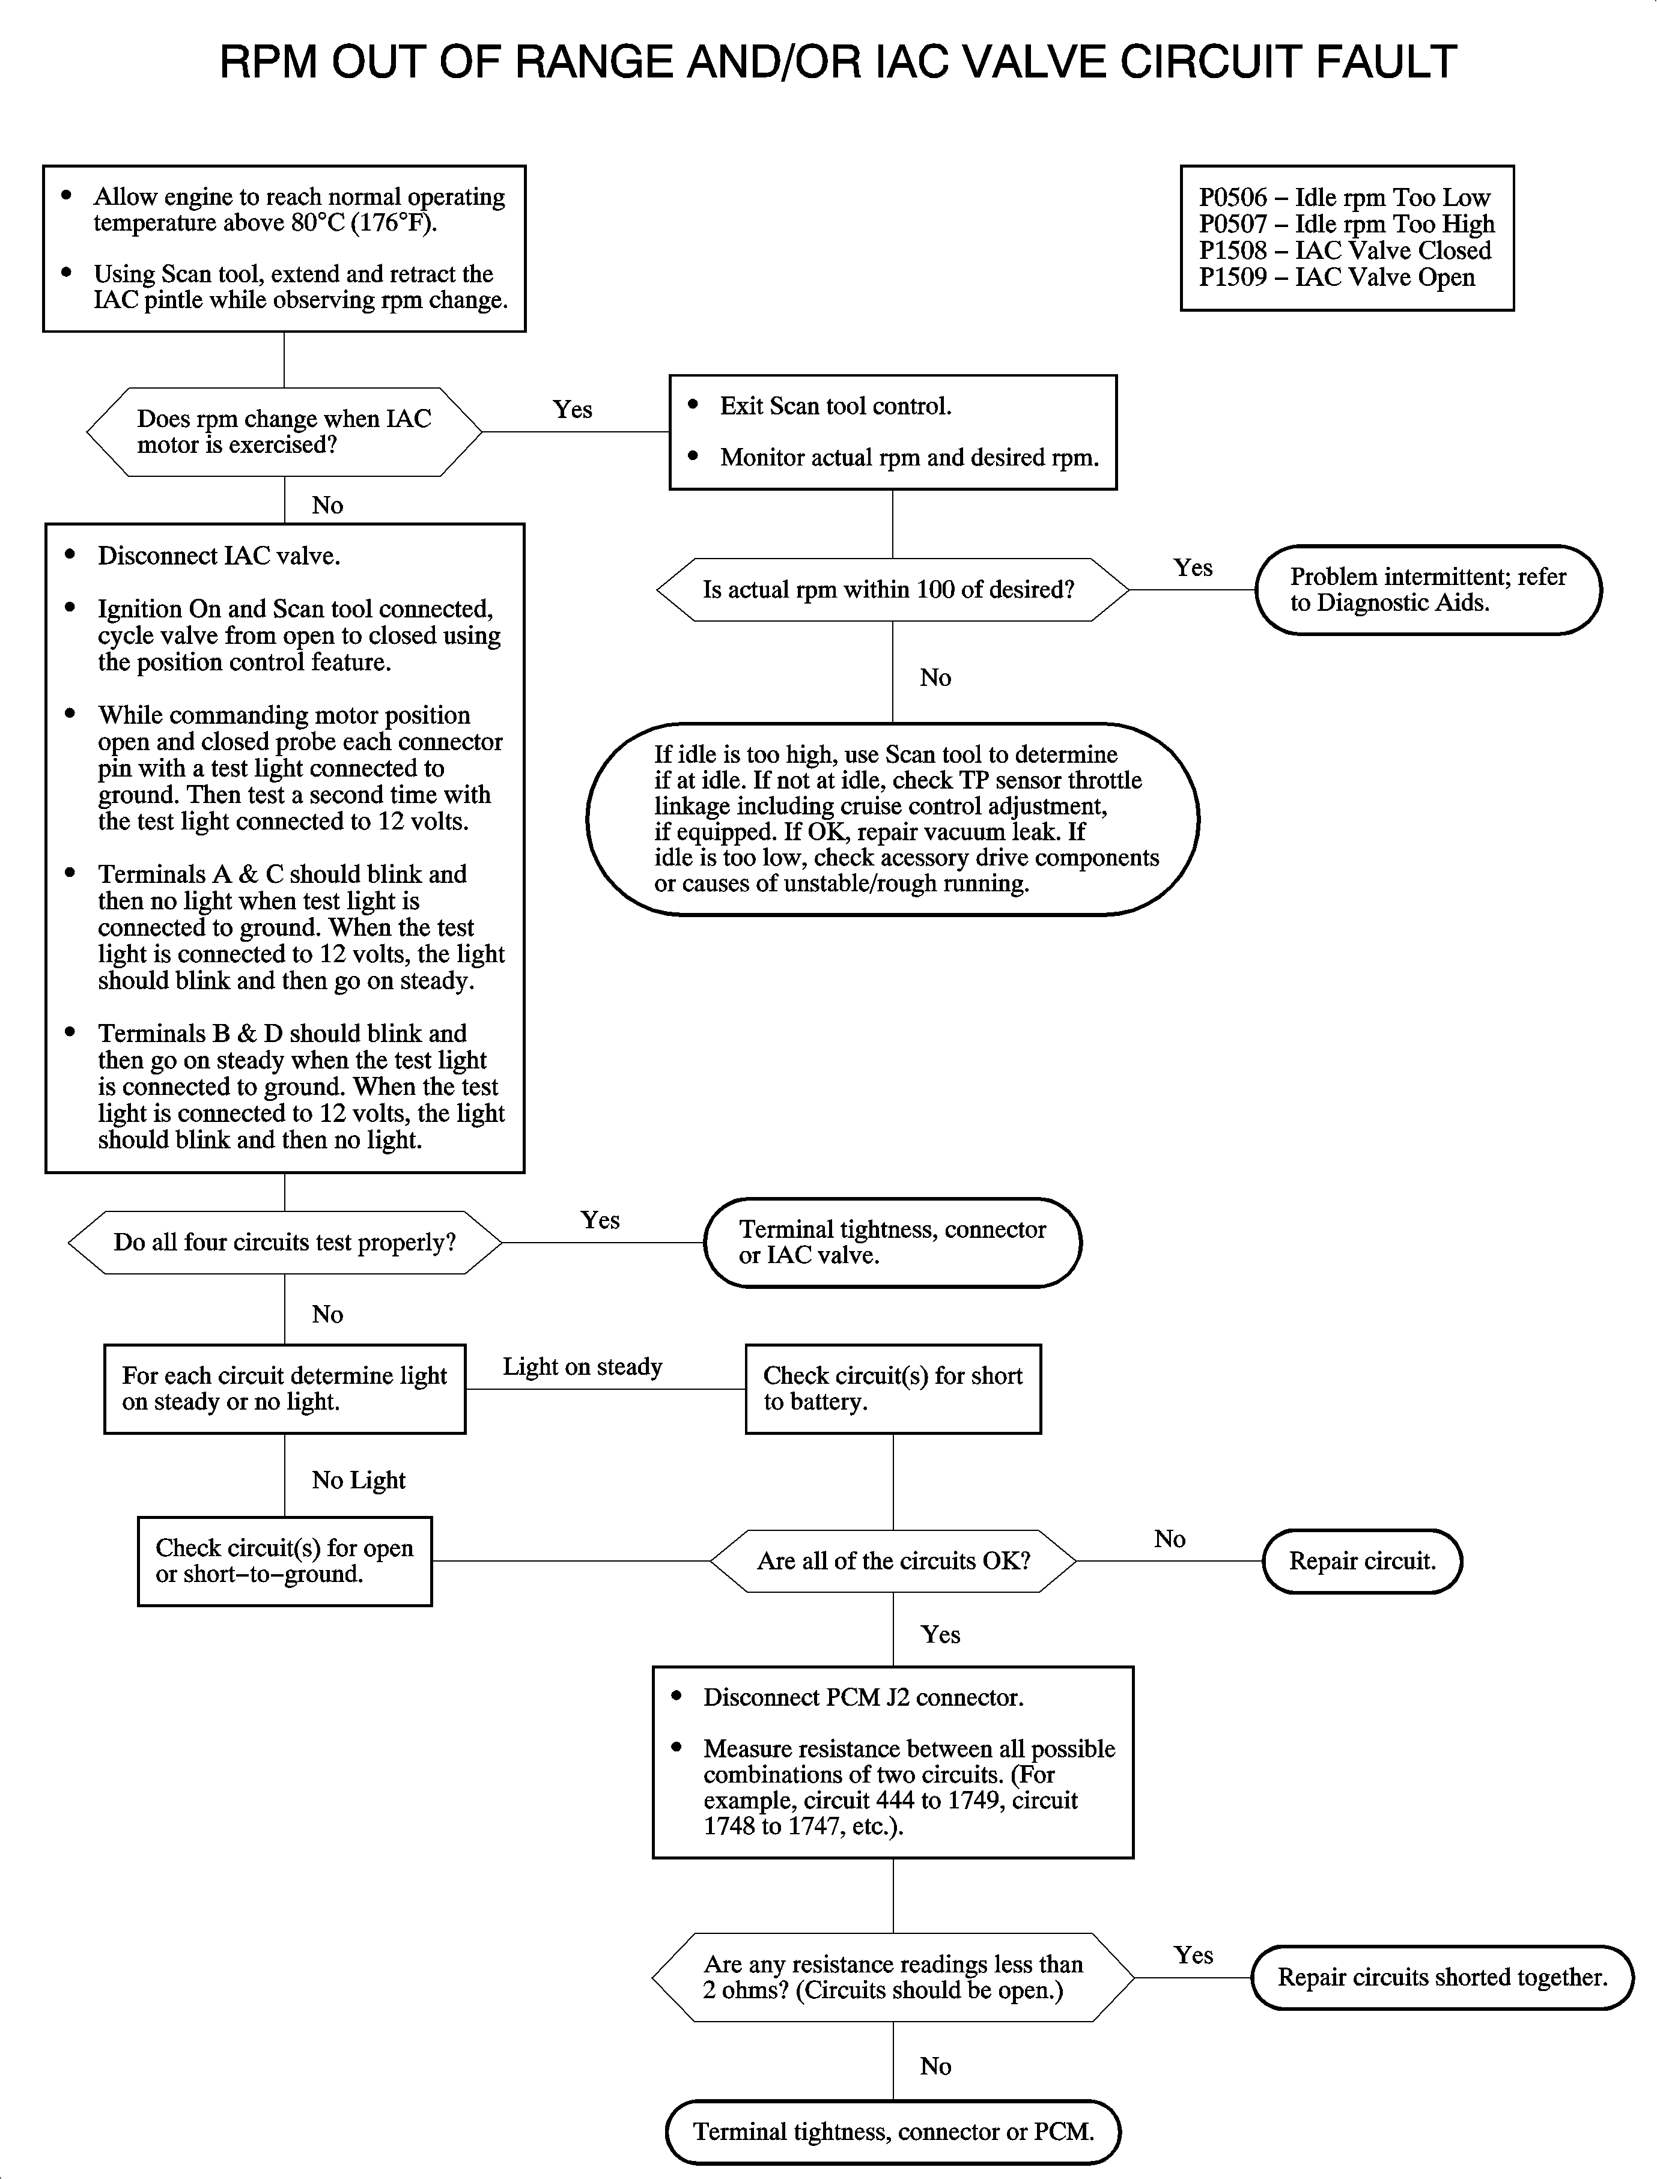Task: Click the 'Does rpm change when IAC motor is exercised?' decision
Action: coord(284,432)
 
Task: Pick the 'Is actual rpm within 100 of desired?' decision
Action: coord(892,590)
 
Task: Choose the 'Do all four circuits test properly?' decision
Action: coord(284,1242)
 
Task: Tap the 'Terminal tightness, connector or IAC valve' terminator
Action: coord(892,1242)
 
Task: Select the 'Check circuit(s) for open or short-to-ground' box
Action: coord(284,1561)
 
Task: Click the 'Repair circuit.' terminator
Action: coord(1362,1561)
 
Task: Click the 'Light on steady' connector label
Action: coord(582,1366)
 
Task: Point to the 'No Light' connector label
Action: coord(358,1480)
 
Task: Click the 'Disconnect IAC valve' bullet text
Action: coord(219,556)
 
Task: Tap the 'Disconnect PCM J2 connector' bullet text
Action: coord(863,1697)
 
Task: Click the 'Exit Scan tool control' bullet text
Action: coord(835,406)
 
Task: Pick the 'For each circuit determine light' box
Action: coord(284,1388)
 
